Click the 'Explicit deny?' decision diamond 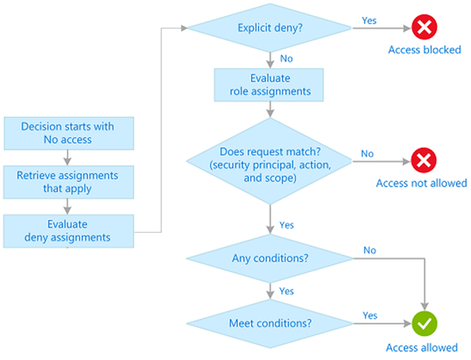pos(270,28)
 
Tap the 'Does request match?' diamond pos(269,161)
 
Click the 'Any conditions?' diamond pos(270,258)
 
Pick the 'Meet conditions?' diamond pos(270,324)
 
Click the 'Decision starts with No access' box pos(69,133)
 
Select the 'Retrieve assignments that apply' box pos(68,182)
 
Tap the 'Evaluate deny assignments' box pos(68,231)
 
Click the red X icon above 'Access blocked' pos(424,27)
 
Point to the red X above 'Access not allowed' pos(424,160)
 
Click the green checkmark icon pos(425,324)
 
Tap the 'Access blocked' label pos(425,50)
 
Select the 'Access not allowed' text pos(421,183)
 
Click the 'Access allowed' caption pos(422,347)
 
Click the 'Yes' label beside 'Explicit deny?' pos(369,21)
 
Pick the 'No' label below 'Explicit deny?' pos(287,58)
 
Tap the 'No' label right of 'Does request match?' pos(367,154)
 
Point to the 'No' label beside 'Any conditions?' pos(370,250)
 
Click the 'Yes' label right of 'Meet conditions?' pos(370,316)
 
